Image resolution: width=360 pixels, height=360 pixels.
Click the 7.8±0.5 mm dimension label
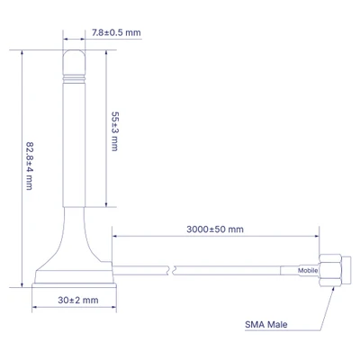[116, 32]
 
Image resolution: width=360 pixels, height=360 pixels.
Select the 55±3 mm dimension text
[115, 131]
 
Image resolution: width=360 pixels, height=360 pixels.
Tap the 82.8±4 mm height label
[30, 166]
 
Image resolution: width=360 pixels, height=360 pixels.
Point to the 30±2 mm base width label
[78, 300]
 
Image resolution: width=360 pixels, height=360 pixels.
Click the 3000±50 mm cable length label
[215, 229]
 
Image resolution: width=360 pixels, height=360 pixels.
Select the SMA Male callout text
[266, 324]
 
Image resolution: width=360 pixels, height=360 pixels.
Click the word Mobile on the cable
[308, 270]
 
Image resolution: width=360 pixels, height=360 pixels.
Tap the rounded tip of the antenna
[74, 62]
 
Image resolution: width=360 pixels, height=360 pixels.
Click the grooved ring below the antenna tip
[74, 79]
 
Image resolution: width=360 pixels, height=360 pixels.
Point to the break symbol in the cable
[171, 270]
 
